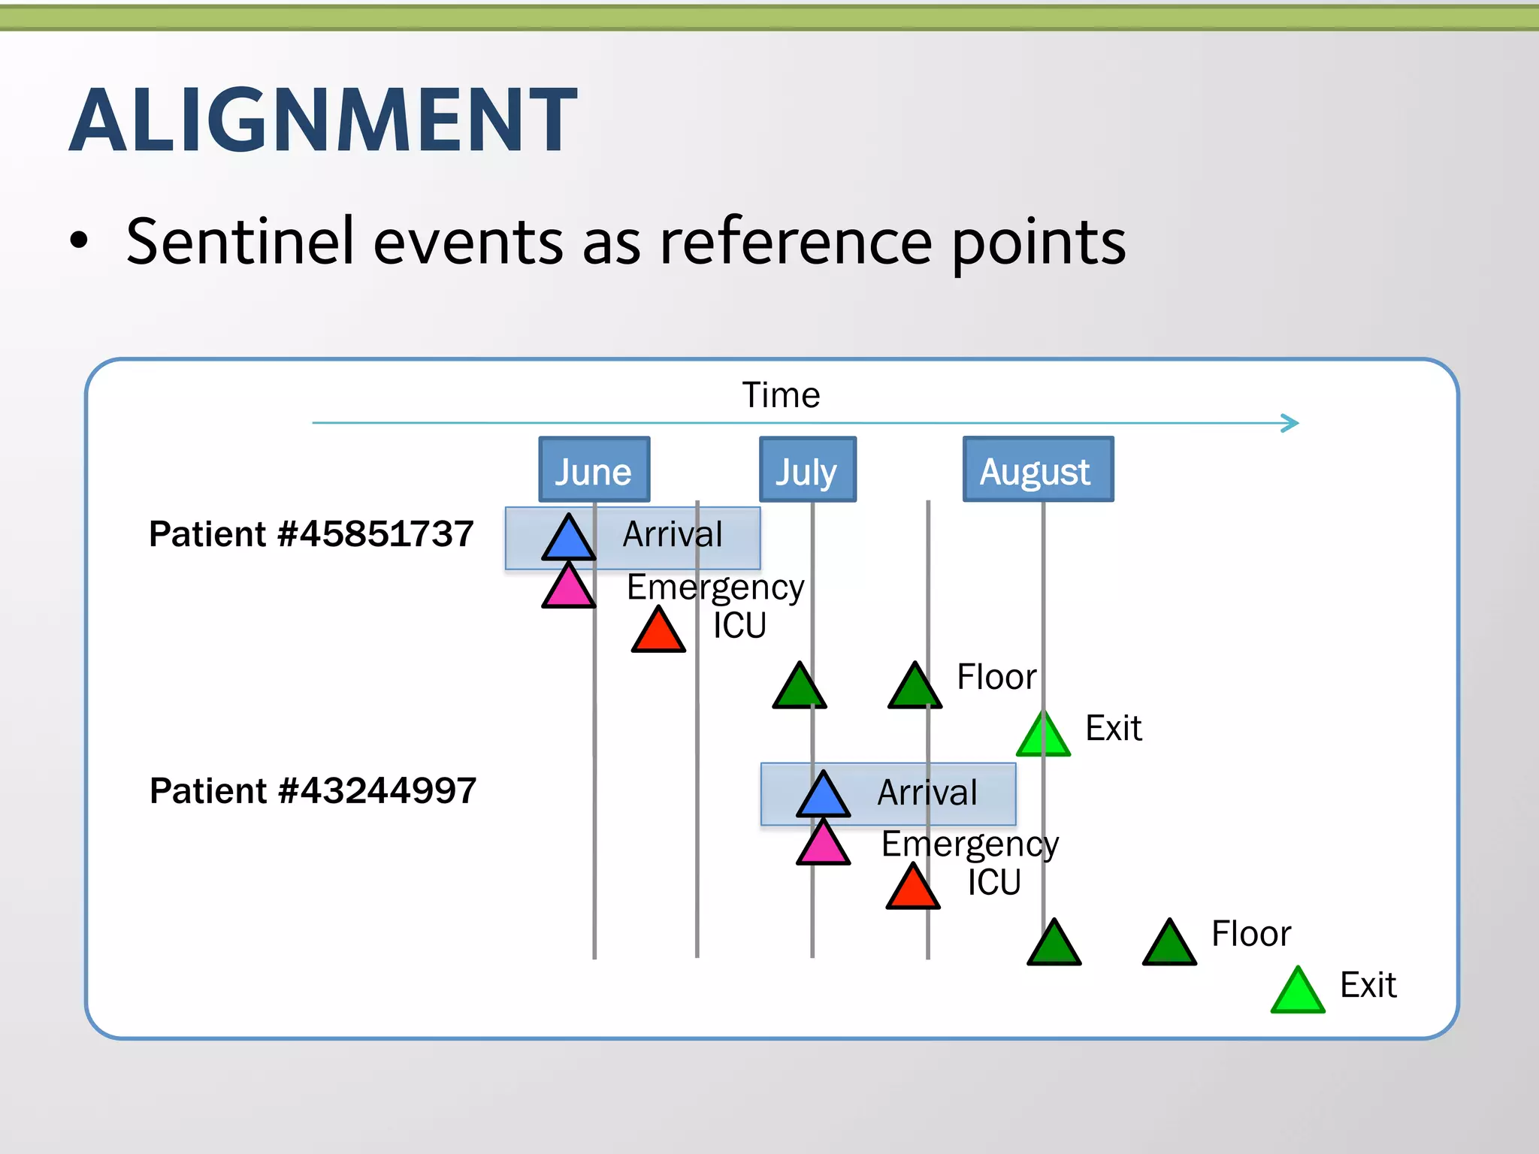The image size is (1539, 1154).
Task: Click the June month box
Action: pos(594,470)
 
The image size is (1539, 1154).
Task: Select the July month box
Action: pos(807,470)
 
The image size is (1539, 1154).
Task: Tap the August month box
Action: pos(1038,470)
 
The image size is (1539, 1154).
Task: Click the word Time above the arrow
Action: pos(781,395)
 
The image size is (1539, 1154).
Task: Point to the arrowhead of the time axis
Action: pos(1291,423)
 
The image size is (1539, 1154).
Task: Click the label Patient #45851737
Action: pos(311,534)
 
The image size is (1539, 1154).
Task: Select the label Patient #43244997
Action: pos(313,791)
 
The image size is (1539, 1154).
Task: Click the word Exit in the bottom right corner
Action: pos(1368,985)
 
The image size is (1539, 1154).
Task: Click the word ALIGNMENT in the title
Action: pos(323,120)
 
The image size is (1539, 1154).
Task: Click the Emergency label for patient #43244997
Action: pos(969,844)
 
